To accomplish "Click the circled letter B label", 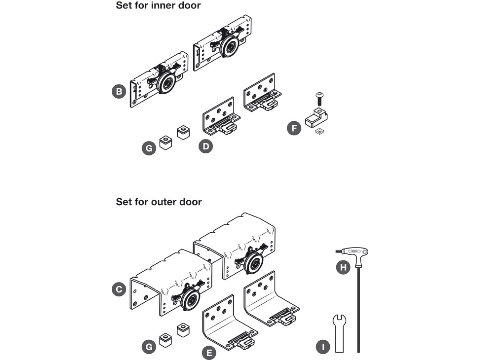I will point(119,91).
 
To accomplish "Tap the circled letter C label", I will point(119,289).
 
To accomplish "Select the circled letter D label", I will point(206,146).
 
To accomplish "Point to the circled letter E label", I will point(209,353).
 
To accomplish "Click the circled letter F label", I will point(294,128).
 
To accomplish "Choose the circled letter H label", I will point(343,267).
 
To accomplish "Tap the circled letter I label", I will point(323,347).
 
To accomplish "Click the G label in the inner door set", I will point(149,148).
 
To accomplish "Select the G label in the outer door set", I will point(149,347).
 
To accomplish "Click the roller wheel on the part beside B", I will point(166,83).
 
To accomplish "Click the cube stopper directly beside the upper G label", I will point(166,142).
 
